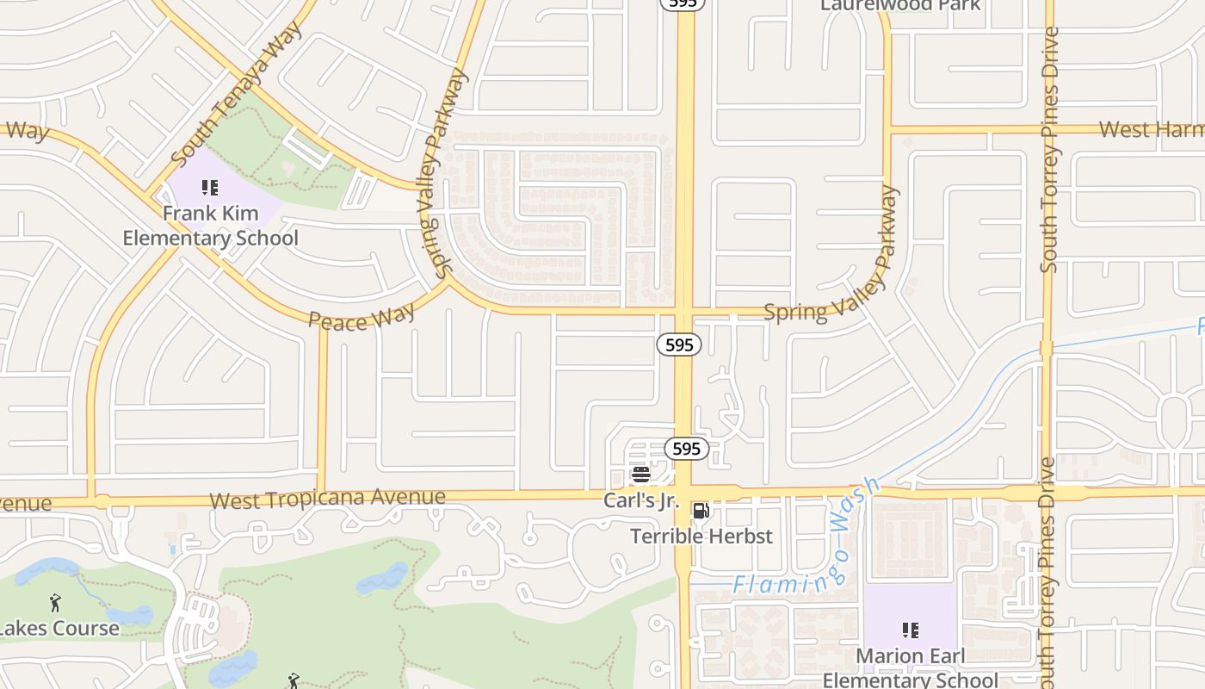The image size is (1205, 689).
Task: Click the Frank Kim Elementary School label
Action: point(211,226)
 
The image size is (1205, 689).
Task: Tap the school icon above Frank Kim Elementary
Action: point(210,187)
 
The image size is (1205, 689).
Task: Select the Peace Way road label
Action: point(361,317)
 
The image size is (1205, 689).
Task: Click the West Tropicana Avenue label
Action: point(327,499)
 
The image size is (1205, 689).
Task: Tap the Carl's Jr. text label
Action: point(641,500)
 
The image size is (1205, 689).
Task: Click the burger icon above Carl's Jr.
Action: point(640,474)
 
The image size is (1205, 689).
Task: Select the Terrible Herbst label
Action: point(701,536)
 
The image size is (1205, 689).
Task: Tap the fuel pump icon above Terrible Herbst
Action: point(701,511)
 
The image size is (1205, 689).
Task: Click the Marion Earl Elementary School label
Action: point(910,667)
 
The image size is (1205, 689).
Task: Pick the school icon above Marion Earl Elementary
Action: point(910,630)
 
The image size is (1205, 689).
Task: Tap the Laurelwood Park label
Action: point(900,5)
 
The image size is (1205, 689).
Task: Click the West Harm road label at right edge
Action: point(1152,130)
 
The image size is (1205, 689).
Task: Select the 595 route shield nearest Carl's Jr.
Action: point(686,449)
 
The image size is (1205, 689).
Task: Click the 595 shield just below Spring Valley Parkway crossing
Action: point(679,344)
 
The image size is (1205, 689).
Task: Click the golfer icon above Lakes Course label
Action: point(56,603)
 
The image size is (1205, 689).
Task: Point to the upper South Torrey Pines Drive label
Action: point(1049,151)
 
